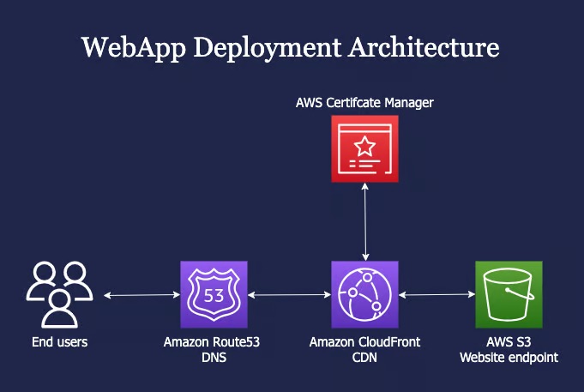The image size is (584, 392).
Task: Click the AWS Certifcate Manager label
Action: (x=365, y=103)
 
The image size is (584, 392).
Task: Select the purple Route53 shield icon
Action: (x=214, y=295)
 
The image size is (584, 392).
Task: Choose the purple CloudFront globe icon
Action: (x=365, y=295)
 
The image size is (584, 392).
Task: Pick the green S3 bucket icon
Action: (x=509, y=295)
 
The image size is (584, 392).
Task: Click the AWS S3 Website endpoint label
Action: (x=509, y=349)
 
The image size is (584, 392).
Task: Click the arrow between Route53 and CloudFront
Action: (x=289, y=296)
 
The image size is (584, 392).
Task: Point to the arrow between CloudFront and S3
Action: (x=437, y=296)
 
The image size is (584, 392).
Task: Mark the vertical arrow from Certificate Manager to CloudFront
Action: (x=366, y=222)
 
